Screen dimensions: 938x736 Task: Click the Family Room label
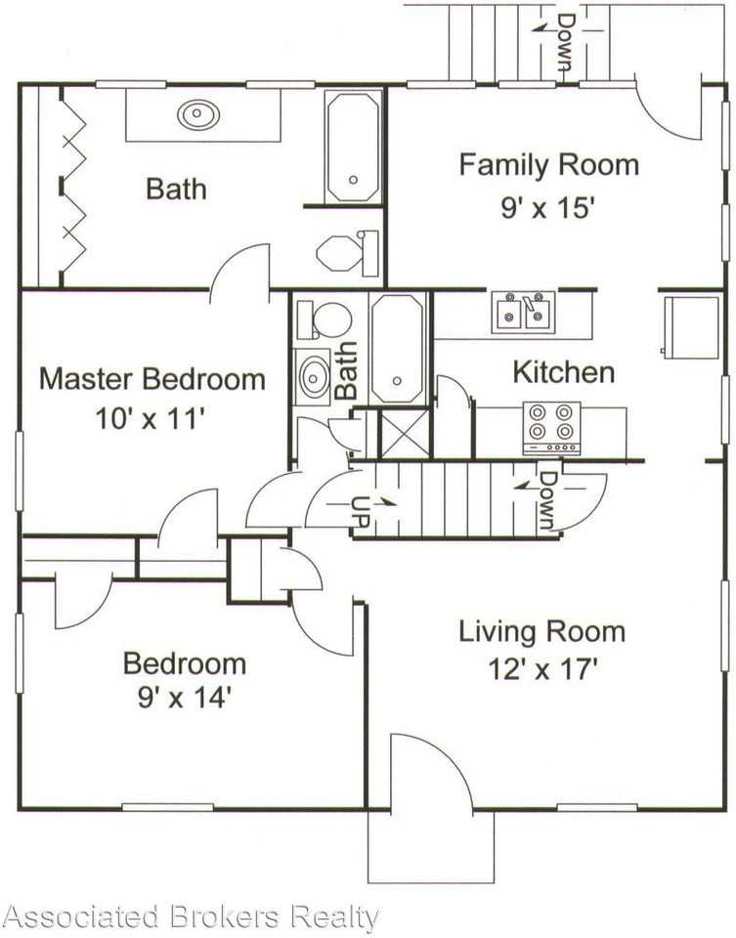(548, 164)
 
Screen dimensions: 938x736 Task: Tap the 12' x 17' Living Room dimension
(542, 669)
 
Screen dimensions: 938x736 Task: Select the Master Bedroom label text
(152, 379)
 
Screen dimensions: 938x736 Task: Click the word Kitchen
(564, 372)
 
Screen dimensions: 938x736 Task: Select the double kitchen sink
(524, 311)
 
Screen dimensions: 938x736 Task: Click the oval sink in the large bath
(197, 115)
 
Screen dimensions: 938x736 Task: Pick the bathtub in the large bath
(353, 148)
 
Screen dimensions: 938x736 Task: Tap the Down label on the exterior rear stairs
(564, 41)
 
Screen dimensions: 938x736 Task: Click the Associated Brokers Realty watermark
(191, 917)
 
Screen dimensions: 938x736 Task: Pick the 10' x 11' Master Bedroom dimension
(152, 417)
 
